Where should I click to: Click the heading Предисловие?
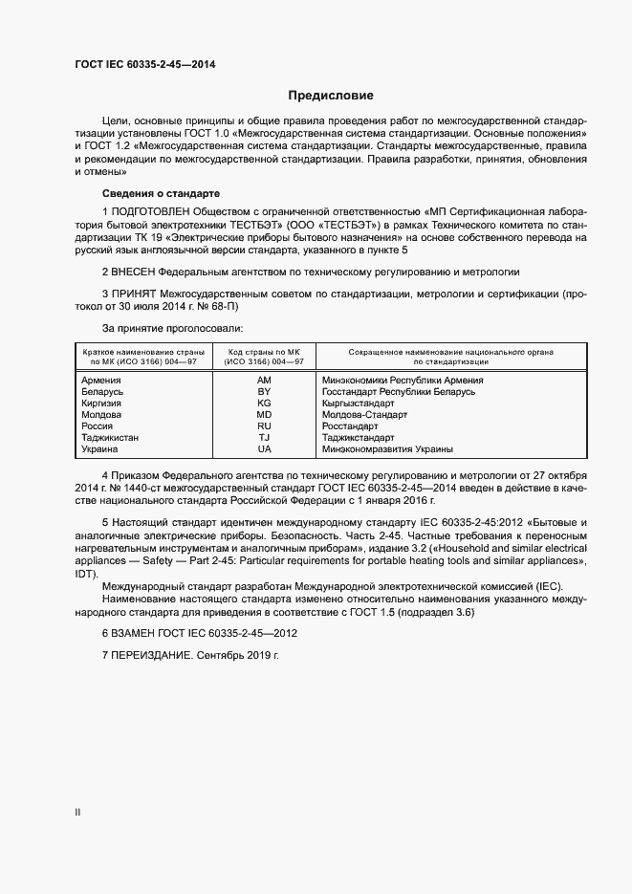click(331, 96)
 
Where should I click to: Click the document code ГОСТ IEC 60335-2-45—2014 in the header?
click(143, 63)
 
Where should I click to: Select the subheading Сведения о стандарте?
click(147, 193)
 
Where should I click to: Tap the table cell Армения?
click(101, 380)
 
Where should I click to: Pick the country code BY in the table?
click(265, 392)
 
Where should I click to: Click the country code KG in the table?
click(265, 403)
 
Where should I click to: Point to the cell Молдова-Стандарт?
click(364, 415)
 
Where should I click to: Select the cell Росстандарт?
click(351, 426)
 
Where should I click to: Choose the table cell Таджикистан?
click(110, 438)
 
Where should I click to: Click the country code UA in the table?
click(265, 449)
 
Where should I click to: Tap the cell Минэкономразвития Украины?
click(387, 449)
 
